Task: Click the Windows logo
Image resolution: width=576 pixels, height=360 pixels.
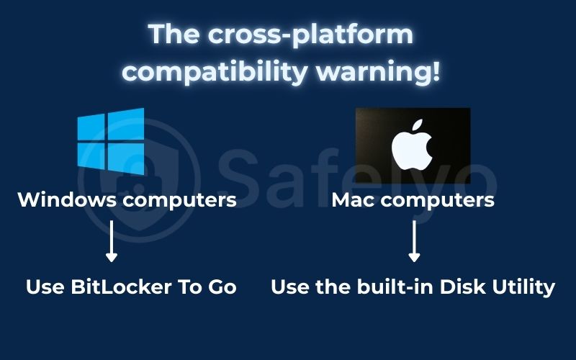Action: (x=110, y=140)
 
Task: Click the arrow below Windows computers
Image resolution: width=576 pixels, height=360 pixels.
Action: (x=111, y=242)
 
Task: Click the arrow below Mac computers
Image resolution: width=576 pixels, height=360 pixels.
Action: (x=414, y=242)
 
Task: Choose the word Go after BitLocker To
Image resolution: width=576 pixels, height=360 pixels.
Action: (x=220, y=287)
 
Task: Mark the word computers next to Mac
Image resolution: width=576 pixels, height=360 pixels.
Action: (x=438, y=199)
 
